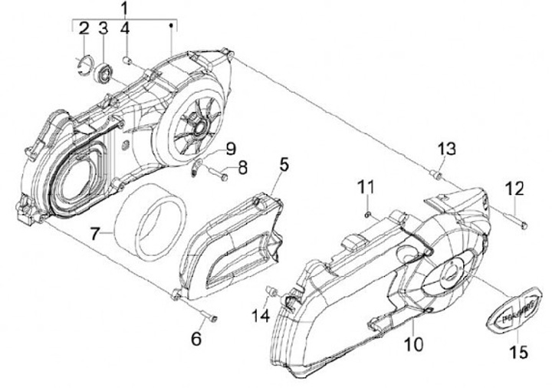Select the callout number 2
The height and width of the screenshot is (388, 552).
[84, 30]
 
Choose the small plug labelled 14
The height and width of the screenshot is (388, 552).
[271, 290]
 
